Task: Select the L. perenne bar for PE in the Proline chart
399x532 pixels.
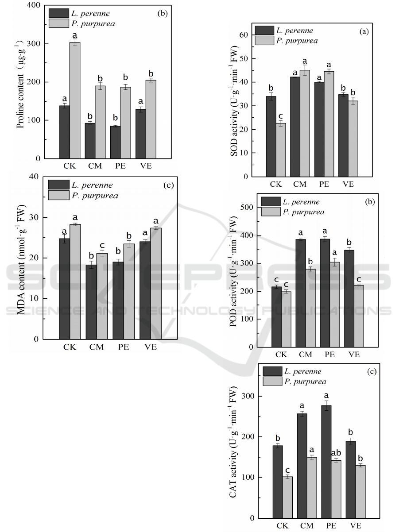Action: coord(114,142)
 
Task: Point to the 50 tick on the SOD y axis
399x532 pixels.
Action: coord(245,59)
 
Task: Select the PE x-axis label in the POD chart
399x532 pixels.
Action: coord(329,355)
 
